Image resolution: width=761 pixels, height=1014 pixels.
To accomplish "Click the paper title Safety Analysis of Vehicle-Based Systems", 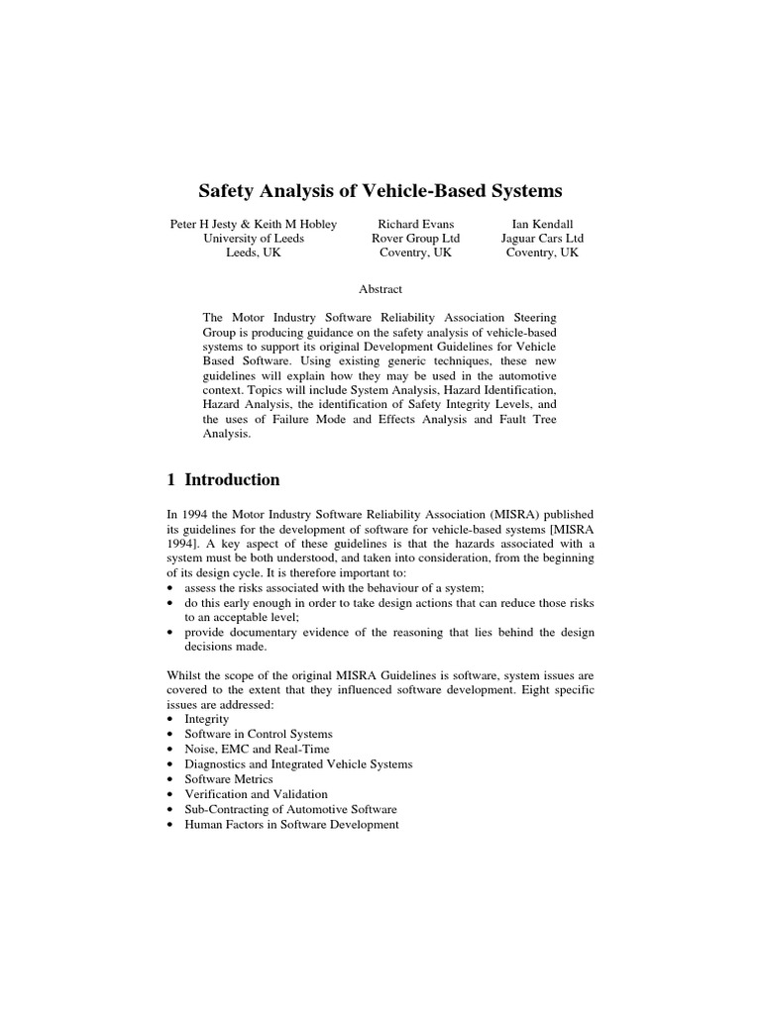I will click(380, 189).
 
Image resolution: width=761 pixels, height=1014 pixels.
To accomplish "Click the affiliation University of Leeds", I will click(254, 239).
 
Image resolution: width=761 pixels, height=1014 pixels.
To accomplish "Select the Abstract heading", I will click(380, 289).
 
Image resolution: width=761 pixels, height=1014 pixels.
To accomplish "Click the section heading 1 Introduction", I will click(223, 480).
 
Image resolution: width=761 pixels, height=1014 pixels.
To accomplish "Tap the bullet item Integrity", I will click(206, 719).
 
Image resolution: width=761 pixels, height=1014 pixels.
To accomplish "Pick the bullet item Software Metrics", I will click(229, 779).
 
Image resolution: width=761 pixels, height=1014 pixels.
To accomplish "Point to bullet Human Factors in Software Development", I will click(291, 824).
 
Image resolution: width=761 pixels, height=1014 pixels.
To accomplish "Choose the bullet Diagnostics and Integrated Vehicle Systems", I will click(298, 764).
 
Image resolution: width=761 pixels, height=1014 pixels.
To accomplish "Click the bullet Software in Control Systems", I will click(259, 734).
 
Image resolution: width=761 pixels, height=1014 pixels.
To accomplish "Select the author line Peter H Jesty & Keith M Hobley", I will click(253, 225).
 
